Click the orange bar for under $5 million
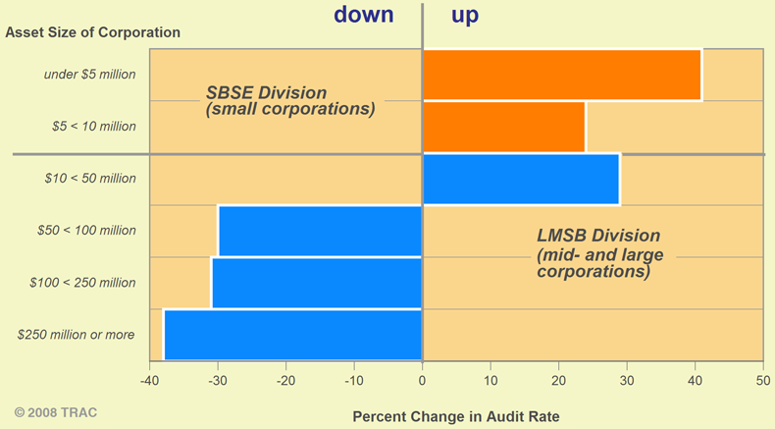pos(561,75)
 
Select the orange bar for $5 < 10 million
pos(503,127)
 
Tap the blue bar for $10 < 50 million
pos(520,179)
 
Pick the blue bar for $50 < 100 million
pos(320,231)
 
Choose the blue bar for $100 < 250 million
pos(317,283)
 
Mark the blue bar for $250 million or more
pos(292,335)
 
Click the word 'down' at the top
pos(363,15)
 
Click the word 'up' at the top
pos(464,16)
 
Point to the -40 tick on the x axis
pos(149,380)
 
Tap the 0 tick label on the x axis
pos(423,380)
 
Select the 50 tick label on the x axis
pos(762,380)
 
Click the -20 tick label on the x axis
pos(285,380)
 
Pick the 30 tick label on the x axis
pos(626,380)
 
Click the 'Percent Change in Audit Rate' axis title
pos(455,416)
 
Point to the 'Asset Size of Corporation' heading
pos(93,32)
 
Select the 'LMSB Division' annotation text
pos(598,236)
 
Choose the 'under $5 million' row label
pos(90,75)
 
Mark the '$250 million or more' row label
pos(77,335)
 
